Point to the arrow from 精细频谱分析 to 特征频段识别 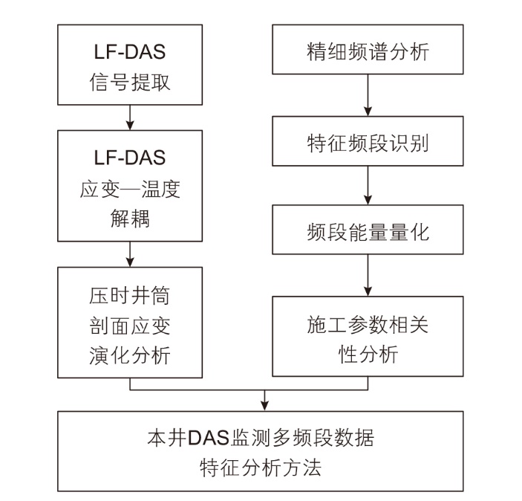pyautogui.click(x=368, y=95)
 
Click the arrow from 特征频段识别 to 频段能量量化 pyautogui.click(x=368, y=185)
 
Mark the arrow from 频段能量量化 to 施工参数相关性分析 pyautogui.click(x=368, y=275)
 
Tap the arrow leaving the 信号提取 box pyautogui.click(x=130, y=117)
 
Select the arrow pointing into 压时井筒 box pyautogui.click(x=130, y=254)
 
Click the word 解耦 pyautogui.click(x=130, y=219)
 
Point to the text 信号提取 pyautogui.click(x=130, y=82)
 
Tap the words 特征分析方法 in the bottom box pyautogui.click(x=261, y=468)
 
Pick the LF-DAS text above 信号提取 pyautogui.click(x=130, y=52)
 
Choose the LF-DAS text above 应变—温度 pyautogui.click(x=130, y=158)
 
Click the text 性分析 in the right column pyautogui.click(x=368, y=354)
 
